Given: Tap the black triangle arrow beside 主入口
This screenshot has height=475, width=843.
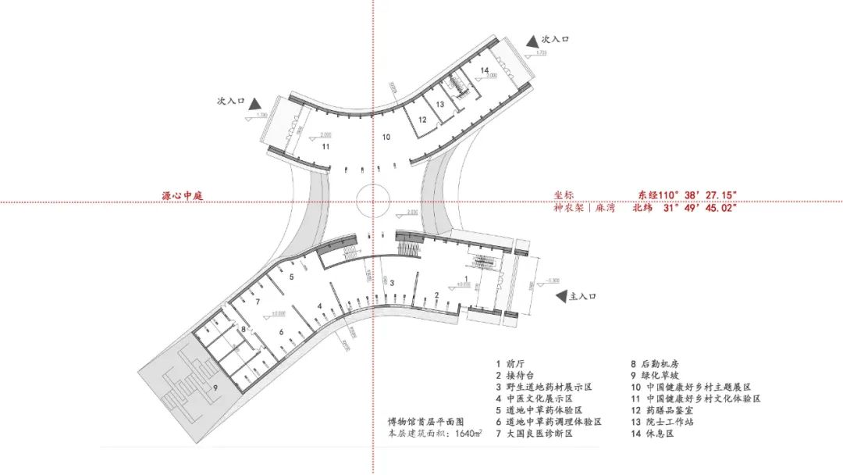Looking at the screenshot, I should (x=560, y=297).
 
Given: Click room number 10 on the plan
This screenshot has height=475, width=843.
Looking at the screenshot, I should (x=386, y=137).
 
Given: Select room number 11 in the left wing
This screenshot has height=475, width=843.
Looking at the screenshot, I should (x=325, y=146).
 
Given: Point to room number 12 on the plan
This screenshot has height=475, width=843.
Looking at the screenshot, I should (x=421, y=120).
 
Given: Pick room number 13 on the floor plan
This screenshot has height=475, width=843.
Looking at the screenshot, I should (x=440, y=104).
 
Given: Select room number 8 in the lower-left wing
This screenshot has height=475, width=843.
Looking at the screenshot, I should (x=244, y=330).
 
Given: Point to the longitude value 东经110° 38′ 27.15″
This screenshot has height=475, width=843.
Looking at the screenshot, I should (x=687, y=195).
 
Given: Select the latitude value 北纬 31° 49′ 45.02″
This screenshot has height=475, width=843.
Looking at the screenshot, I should (x=687, y=208).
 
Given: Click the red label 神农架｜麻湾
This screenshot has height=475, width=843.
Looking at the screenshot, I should (x=583, y=208).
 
